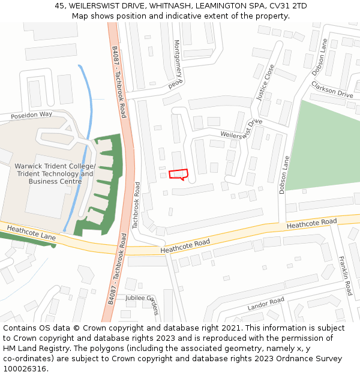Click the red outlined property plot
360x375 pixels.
178,174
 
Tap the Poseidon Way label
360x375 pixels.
31,114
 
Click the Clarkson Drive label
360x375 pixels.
332,90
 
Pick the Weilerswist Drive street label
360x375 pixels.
241,129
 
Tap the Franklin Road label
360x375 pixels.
346,275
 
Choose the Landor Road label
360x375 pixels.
266,304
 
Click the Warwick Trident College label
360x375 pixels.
55,166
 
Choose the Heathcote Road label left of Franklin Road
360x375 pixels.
311,223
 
